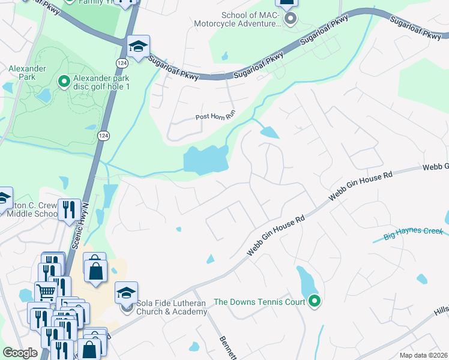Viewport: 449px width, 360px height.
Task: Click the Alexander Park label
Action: click(27, 73)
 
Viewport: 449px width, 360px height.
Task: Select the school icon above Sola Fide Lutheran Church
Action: click(127, 293)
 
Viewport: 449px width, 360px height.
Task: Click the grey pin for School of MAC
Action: click(291, 19)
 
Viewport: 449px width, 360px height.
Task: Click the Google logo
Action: click(20, 353)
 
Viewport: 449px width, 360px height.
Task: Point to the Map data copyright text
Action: click(424, 355)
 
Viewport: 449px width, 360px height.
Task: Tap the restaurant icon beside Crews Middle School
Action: click(69, 209)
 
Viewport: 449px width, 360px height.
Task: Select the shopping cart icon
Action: click(46, 293)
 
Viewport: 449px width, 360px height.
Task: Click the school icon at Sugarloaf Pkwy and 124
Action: click(138, 47)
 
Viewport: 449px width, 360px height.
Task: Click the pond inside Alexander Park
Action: click(43, 95)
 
